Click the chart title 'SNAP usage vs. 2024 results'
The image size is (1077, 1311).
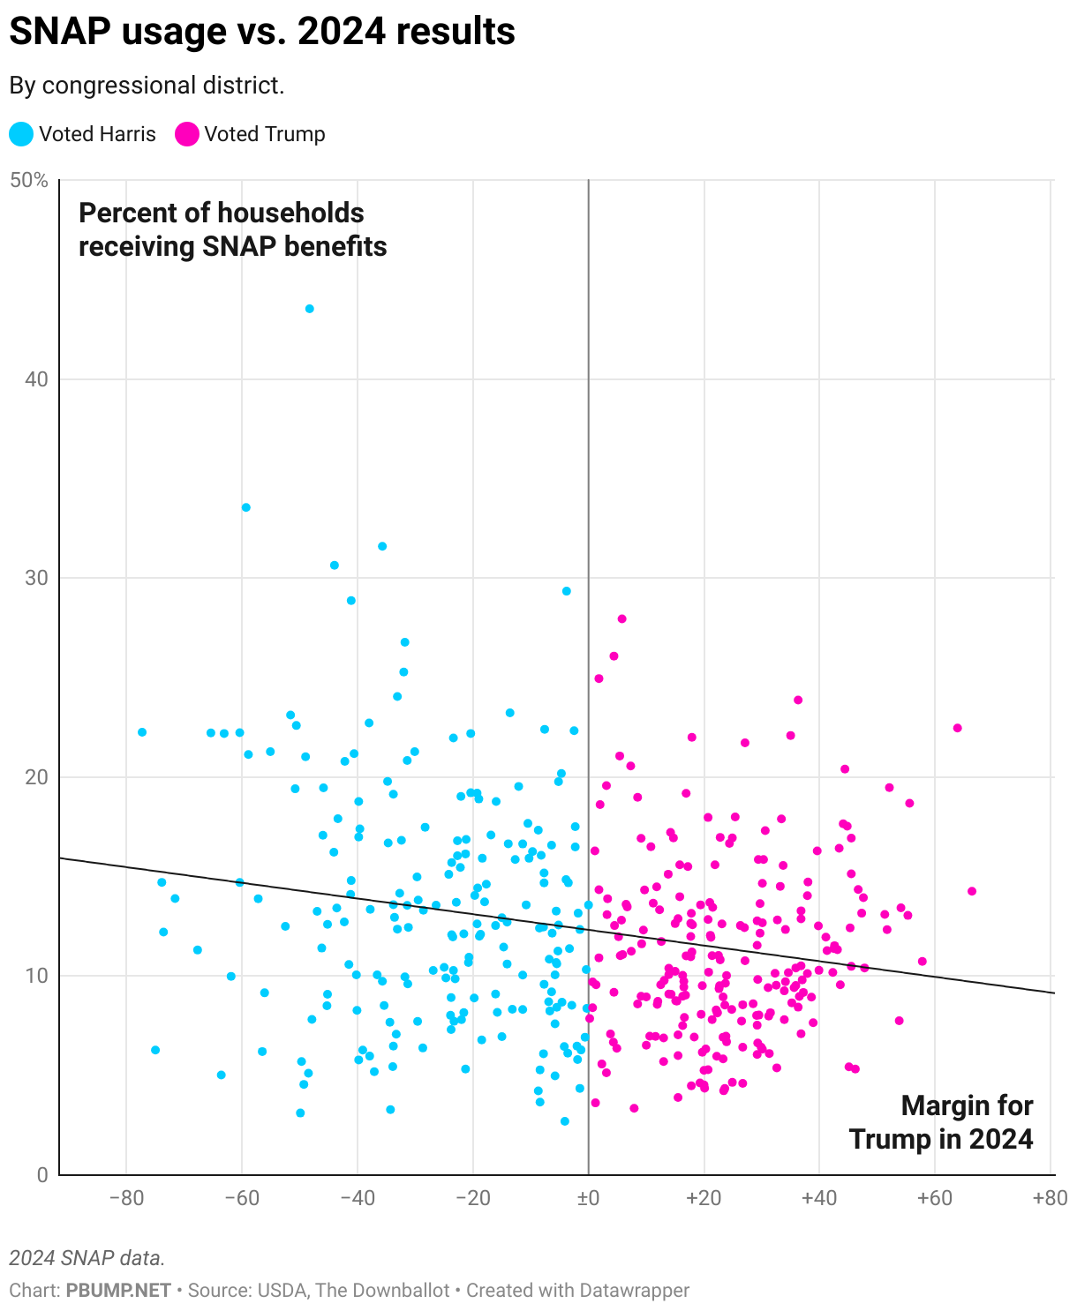[x=262, y=32]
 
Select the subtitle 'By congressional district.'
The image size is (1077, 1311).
[x=147, y=86]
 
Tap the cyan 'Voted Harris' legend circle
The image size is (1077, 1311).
[x=21, y=134]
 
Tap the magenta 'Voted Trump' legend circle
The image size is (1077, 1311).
[x=187, y=134]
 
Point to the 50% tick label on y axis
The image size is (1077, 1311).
[x=28, y=181]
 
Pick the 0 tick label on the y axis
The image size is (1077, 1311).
[x=41, y=1174]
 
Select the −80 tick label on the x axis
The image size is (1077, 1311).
[x=126, y=1198]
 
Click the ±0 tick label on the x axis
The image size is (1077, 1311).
[x=588, y=1198]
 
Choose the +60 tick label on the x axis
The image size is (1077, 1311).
[x=934, y=1198]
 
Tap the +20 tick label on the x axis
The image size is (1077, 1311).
[x=704, y=1198]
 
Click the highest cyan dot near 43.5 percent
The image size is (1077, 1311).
[x=310, y=309]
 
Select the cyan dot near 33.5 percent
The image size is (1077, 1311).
[x=246, y=507]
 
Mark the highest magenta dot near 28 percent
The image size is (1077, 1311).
[x=621, y=618]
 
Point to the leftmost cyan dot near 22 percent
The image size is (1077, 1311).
[x=142, y=732]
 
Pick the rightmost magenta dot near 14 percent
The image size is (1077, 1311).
[x=972, y=891]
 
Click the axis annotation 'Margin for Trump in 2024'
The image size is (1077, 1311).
[x=941, y=1122]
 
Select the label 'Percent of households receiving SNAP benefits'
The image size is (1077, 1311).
[x=233, y=229]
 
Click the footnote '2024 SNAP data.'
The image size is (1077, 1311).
[x=87, y=1257]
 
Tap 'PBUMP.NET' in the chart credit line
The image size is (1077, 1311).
[x=118, y=1290]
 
